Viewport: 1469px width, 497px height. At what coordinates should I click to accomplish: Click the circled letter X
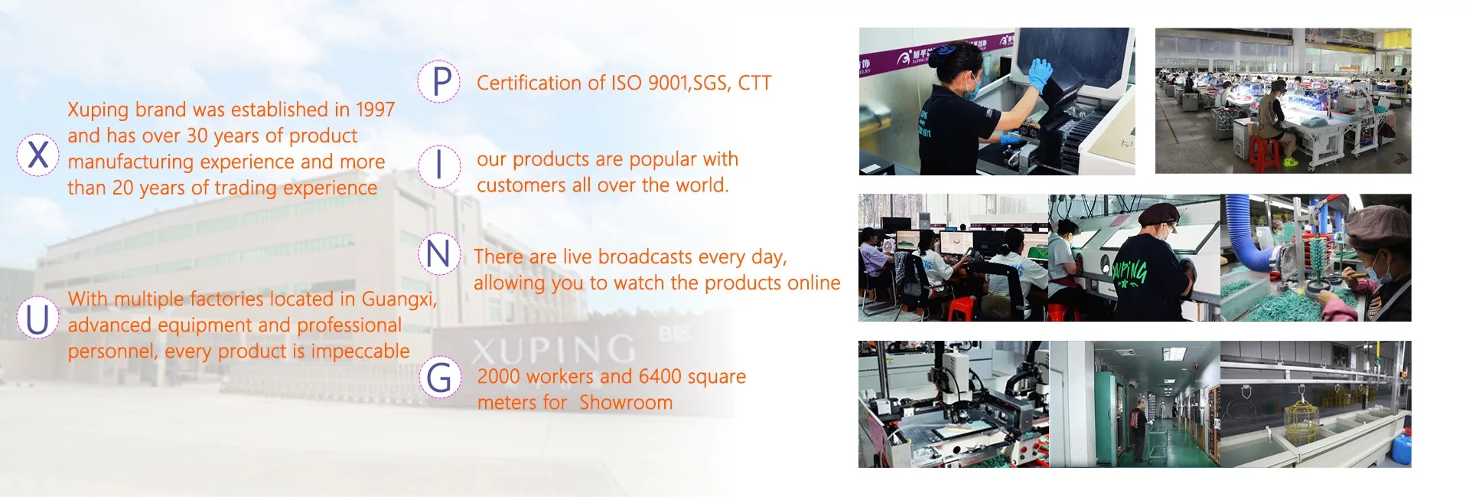pos(37,155)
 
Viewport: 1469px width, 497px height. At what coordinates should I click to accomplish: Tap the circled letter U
pos(37,319)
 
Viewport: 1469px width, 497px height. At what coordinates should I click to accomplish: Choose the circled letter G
pos(439,378)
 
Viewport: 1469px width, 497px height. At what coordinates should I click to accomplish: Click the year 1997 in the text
pos(375,110)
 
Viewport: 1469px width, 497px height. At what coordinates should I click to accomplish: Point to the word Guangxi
pos(399,299)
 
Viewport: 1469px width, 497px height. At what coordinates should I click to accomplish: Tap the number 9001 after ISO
pos(668,83)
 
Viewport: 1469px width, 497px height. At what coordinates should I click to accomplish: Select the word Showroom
pos(626,402)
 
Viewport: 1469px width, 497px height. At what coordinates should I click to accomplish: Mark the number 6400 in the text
pos(660,377)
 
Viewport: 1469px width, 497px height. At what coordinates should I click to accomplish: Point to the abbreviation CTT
pos(754,83)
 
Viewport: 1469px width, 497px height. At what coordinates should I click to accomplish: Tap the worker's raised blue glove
pos(1039,74)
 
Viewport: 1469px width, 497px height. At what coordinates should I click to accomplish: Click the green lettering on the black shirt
pos(1129,272)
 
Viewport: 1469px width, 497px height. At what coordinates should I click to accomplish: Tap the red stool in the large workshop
pos(1263,152)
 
